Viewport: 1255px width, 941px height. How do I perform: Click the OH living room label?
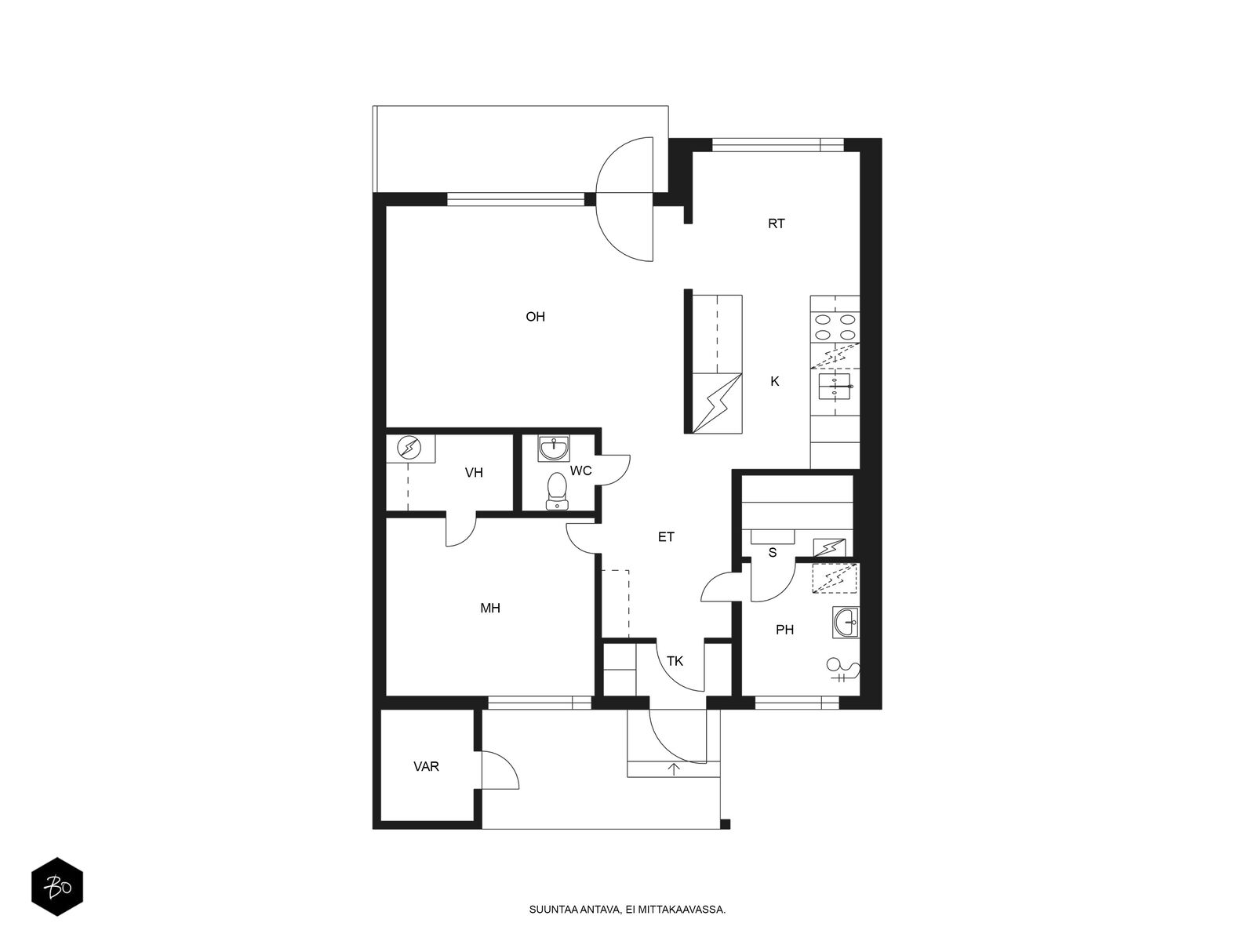click(535, 317)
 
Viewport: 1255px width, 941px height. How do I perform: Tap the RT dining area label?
click(776, 224)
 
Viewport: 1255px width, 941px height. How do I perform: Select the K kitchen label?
click(775, 382)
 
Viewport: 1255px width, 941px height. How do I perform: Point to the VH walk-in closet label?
click(474, 473)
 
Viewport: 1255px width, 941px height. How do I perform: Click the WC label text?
click(581, 470)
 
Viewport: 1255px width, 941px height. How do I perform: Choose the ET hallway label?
click(666, 537)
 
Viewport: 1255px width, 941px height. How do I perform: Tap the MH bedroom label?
click(490, 609)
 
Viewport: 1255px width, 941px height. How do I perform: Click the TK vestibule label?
click(675, 662)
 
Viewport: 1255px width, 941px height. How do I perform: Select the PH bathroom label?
click(784, 630)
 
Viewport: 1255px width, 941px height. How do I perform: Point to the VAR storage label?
click(426, 767)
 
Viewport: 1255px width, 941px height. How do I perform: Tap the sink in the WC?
click(554, 449)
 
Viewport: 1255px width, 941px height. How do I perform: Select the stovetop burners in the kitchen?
click(835, 327)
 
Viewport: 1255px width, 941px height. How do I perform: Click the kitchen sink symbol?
click(835, 387)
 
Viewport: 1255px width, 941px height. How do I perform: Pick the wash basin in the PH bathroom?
click(845, 623)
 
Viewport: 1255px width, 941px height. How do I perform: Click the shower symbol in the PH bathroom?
click(843, 669)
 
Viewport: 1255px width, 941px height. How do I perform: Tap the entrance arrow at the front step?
click(674, 769)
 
